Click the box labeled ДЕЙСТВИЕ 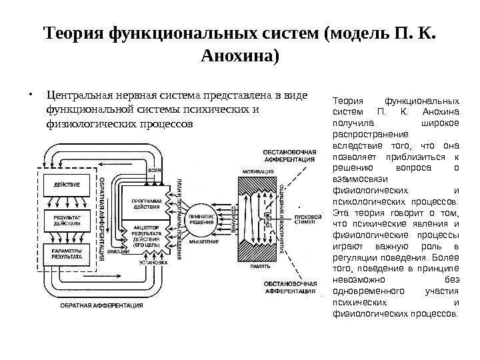[x=67, y=183]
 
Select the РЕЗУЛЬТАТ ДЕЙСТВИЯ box [x=67, y=220]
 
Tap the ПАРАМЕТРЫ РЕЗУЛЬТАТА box [x=67, y=253]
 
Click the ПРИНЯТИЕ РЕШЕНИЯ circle [x=203, y=219]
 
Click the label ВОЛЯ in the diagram [x=155, y=171]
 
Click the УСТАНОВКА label [x=153, y=263]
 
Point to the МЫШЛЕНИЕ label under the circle [x=202, y=241]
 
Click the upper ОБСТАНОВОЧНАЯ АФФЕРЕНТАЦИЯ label [x=291, y=155]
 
